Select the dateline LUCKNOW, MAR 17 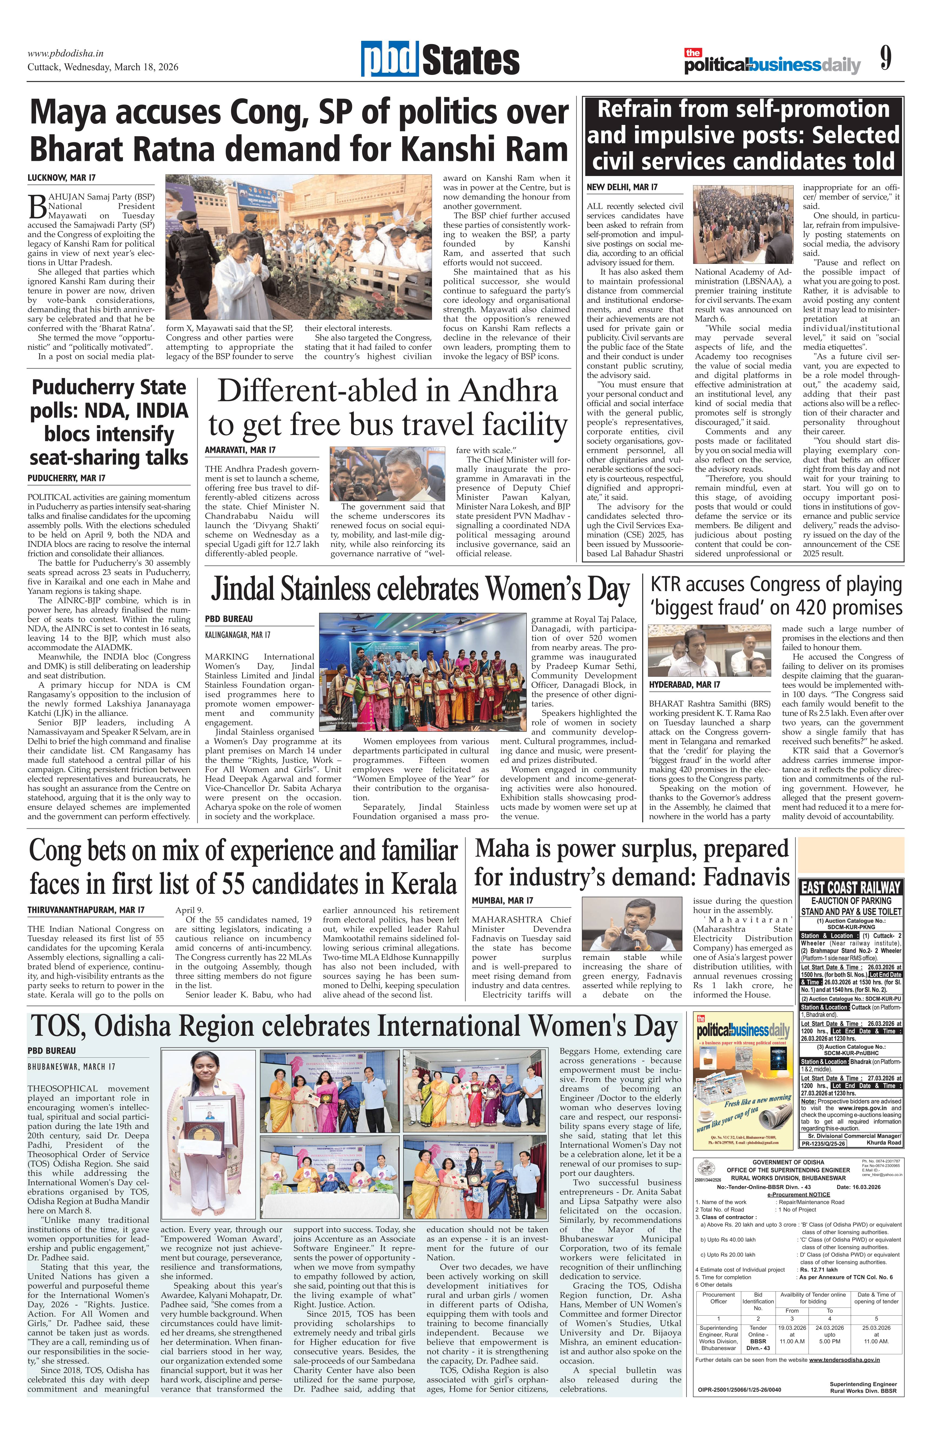coord(61,178)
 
